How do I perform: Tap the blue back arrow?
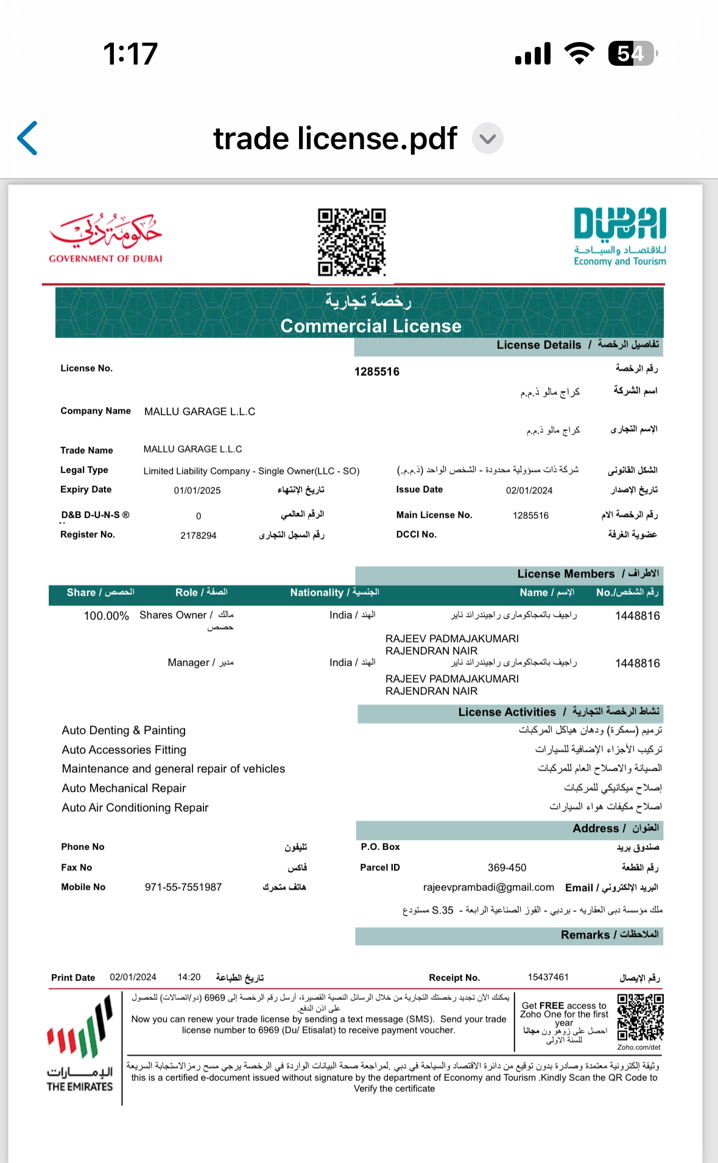tap(28, 138)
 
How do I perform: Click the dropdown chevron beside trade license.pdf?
tap(488, 139)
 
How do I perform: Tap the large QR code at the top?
tap(352, 242)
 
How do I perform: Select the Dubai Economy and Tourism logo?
tap(619, 236)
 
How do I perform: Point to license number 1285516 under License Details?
tap(377, 371)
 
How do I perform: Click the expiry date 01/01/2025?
tap(197, 490)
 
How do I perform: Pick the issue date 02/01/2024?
tap(529, 490)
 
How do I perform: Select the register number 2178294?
tap(198, 535)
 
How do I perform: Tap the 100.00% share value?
tap(107, 616)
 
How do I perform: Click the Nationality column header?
tap(334, 592)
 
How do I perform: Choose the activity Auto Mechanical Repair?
tap(124, 788)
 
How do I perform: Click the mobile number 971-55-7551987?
tap(183, 887)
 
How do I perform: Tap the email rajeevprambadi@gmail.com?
tap(488, 887)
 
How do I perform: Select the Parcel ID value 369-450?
tap(507, 867)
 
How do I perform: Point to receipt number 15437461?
tap(548, 977)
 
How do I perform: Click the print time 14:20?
tap(189, 977)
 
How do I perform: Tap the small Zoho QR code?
tap(640, 1017)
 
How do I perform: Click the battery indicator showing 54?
tap(633, 54)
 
